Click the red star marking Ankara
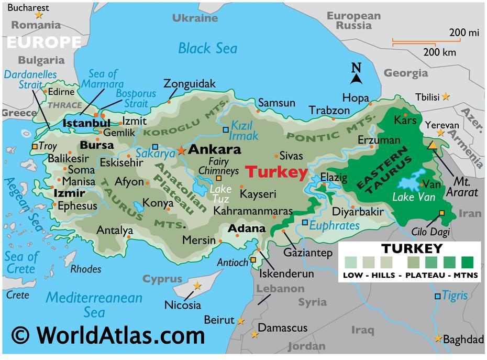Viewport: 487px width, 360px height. tap(181, 150)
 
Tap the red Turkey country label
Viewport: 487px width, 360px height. tap(276, 172)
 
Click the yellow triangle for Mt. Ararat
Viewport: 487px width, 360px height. tap(433, 145)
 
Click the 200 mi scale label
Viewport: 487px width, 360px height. tap(463, 32)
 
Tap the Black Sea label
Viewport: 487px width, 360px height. tap(207, 49)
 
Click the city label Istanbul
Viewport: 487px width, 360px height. tap(86, 123)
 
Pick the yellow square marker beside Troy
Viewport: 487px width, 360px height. tap(35, 147)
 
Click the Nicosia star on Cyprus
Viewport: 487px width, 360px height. tap(197, 286)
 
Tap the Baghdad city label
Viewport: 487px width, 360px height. tap(463, 340)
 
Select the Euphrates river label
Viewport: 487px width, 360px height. tap(335, 225)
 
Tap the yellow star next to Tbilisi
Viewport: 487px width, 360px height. tap(445, 96)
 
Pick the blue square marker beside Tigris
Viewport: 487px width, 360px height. tap(437, 297)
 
